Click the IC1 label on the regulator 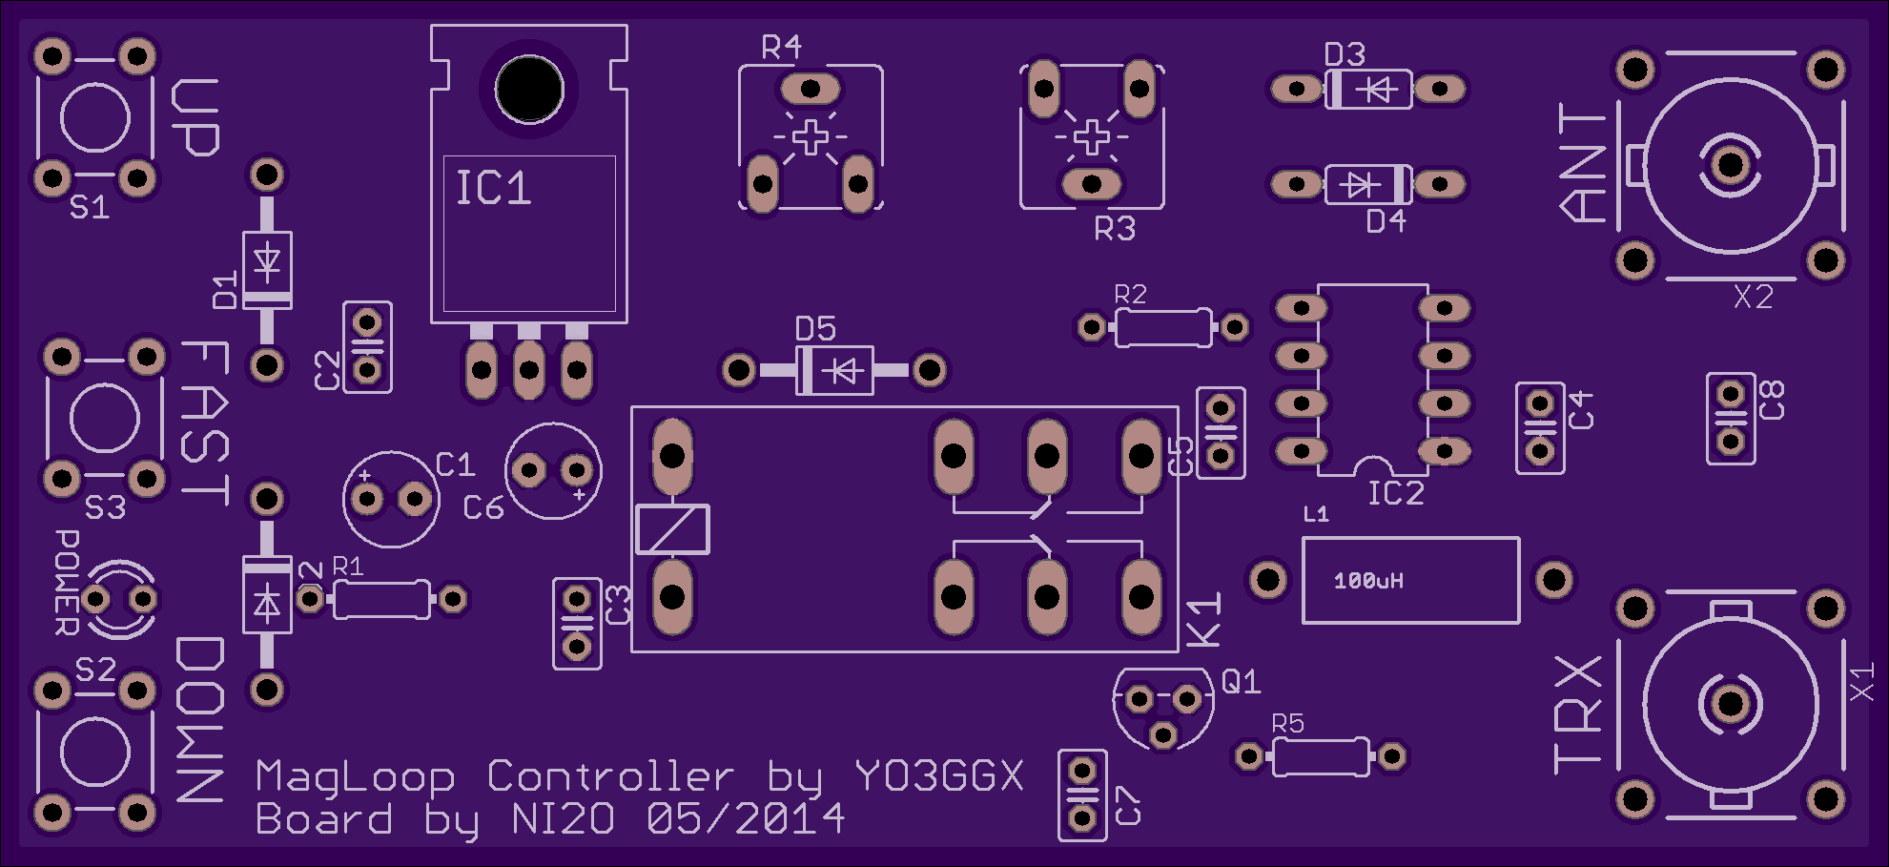(x=493, y=188)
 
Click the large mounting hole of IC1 (x=529, y=89)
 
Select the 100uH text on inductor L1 (x=1368, y=581)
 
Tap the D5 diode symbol (x=844, y=370)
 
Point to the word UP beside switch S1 (x=195, y=117)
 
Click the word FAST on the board (x=205, y=423)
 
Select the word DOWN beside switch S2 (x=200, y=720)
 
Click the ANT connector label (x=1583, y=163)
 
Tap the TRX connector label (x=1578, y=713)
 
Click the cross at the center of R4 (x=811, y=137)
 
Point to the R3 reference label (x=1115, y=229)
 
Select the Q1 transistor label (x=1241, y=681)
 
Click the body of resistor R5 (x=1321, y=757)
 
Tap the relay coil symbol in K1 (x=672, y=529)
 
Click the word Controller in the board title (x=610, y=776)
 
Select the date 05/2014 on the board (x=746, y=818)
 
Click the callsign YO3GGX (x=939, y=776)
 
